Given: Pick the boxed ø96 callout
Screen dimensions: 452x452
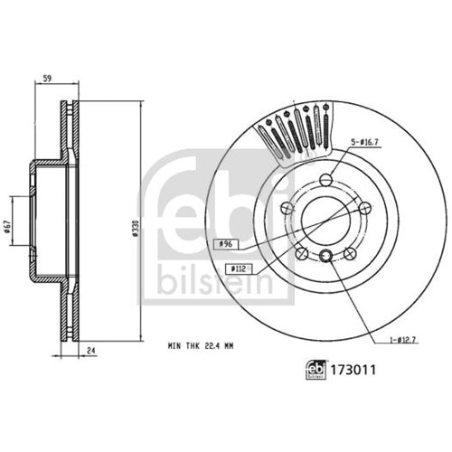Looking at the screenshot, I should (x=224, y=244).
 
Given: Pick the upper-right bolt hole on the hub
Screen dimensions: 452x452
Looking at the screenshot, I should (x=363, y=209).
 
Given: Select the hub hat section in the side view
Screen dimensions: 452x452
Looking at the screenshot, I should (x=41, y=222).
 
